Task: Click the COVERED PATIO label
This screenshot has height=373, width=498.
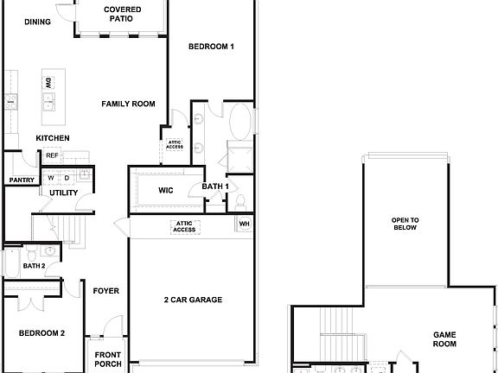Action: point(123,14)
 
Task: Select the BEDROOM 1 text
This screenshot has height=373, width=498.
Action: point(212,47)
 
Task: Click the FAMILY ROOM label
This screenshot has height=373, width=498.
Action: point(128,104)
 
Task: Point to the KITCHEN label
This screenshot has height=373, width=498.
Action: point(53,138)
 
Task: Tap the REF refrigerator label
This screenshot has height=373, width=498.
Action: point(52,156)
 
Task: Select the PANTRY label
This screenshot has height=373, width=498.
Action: point(20,180)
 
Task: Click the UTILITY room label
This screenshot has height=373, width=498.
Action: point(64,193)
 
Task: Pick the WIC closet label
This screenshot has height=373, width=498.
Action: point(167,191)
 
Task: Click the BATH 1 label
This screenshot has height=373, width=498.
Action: point(215,186)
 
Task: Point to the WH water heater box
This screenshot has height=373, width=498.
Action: point(244,224)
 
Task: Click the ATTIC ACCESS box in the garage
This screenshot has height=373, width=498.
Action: point(185,227)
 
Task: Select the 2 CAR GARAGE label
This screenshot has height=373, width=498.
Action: point(193,300)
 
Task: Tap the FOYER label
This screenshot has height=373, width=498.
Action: point(106,291)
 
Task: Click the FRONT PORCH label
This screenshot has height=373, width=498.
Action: point(108,358)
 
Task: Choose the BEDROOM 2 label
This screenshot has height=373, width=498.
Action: point(42,332)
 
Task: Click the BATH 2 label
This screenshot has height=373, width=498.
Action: point(35,265)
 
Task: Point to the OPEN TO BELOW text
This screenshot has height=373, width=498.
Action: point(405,224)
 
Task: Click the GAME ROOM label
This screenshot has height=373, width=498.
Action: point(444,338)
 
